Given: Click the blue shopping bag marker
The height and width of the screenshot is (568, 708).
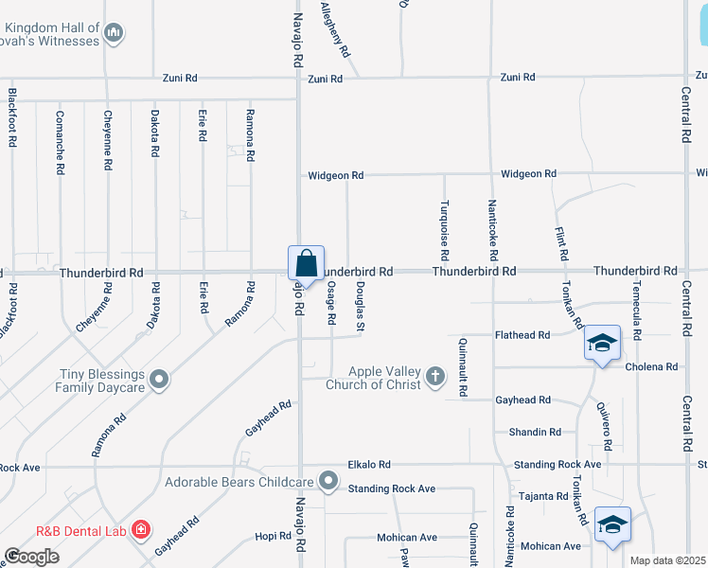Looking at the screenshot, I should (x=306, y=262).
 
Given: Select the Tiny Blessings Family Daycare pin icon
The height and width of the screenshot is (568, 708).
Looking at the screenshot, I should (x=160, y=381).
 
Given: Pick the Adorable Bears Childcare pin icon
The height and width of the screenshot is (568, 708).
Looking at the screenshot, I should (x=328, y=482).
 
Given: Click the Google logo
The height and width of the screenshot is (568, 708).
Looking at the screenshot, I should (x=31, y=557).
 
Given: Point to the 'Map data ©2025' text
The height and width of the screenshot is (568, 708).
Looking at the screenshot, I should (x=668, y=560).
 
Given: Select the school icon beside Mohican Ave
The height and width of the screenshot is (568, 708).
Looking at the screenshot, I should (x=612, y=525).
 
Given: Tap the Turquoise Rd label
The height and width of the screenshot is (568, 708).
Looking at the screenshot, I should (x=443, y=231).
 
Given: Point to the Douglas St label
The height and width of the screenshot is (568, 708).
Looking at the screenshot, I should (x=361, y=306).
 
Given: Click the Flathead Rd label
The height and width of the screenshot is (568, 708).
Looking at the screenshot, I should (x=523, y=335).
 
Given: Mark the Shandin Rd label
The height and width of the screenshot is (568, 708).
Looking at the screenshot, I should (x=535, y=432).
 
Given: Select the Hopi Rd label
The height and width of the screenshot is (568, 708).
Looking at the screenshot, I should (x=273, y=536).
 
